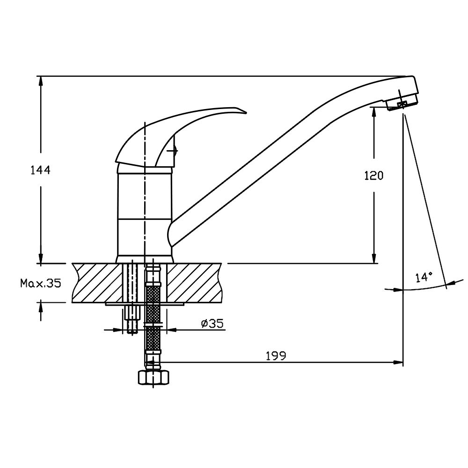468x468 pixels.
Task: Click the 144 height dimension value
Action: (41, 170)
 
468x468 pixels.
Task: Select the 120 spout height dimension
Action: (373, 175)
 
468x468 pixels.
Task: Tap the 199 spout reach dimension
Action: (276, 356)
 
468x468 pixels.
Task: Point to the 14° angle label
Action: (424, 277)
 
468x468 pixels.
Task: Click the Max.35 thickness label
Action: (41, 283)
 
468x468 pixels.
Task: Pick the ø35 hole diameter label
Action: (212, 323)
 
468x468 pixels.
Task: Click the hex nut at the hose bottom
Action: (154, 377)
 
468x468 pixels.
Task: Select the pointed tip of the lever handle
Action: (246, 112)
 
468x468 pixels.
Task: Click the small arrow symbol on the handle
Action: (173, 151)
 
